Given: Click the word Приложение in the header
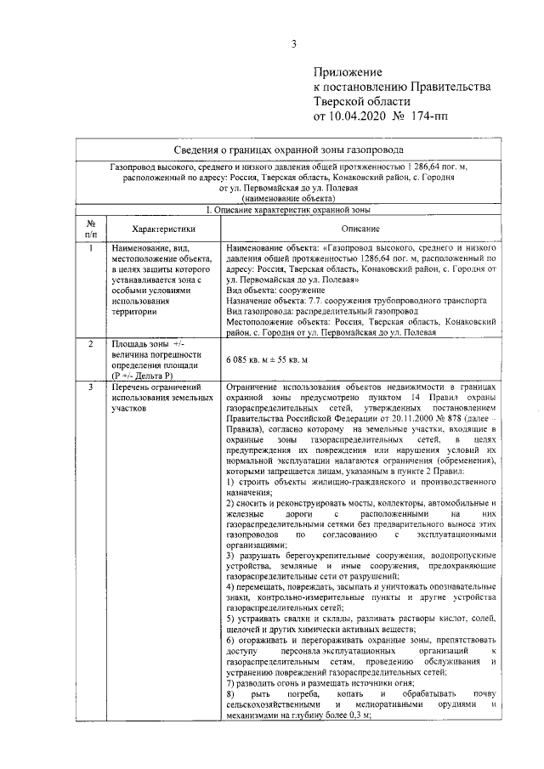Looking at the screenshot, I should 348,73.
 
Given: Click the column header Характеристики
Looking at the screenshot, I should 158,229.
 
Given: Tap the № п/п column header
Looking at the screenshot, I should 90,228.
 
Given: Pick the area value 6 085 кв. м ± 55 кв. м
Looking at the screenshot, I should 266,360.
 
